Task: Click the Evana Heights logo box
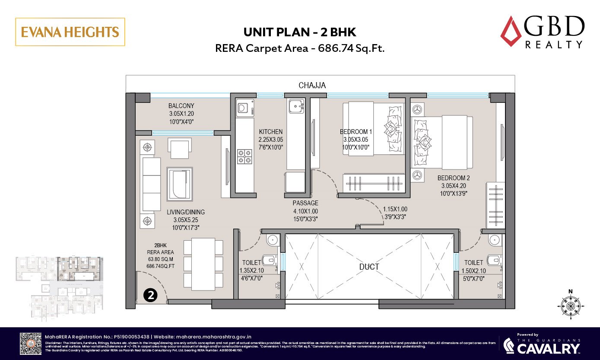coord(70,32)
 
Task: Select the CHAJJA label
coord(312,86)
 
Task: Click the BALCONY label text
coord(181,106)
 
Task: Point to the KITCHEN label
coord(271,132)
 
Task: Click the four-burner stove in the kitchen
coord(245,156)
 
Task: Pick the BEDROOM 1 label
coord(356,132)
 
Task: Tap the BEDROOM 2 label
coord(453,178)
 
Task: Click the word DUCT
coord(369,267)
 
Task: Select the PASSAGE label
coord(305,203)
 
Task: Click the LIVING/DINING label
coord(186,212)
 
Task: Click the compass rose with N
coord(570,306)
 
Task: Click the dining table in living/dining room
coord(203,264)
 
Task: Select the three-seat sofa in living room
coord(152,184)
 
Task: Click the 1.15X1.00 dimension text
coord(395,209)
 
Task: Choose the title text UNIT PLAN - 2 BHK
coord(300,32)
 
